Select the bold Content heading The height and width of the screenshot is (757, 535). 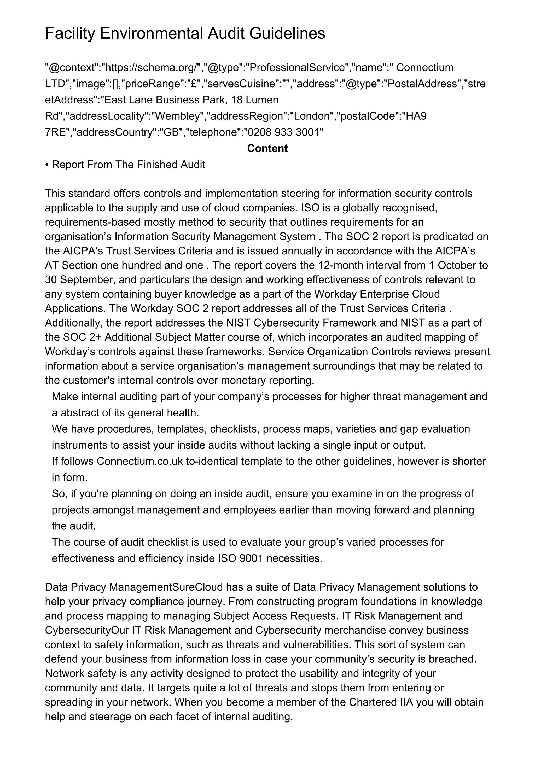coord(267,148)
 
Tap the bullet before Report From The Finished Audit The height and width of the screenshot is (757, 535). coord(47,165)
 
